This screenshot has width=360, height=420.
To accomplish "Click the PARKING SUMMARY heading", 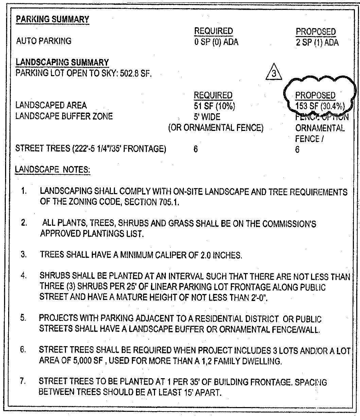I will coord(52,19).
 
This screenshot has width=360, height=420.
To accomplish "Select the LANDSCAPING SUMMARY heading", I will coord(62,62).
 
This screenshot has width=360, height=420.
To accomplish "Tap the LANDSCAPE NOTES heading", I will coord(52,169).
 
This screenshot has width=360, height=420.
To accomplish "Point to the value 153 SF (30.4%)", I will coord(320,106).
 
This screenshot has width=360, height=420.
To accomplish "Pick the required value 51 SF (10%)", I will coord(214,106).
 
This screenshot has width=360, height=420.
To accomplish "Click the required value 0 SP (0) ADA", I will coord(216,42).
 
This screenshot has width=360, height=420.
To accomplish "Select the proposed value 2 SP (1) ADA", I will coord(317,43).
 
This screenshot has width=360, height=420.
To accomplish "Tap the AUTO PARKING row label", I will coord(44,41).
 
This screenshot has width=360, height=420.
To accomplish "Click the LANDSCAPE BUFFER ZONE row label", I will coord(64,116).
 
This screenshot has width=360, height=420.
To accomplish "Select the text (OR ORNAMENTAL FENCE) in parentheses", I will coord(216,128).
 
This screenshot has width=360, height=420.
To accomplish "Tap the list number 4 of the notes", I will coord(23,275).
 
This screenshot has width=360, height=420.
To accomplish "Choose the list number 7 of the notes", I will coord(23,381).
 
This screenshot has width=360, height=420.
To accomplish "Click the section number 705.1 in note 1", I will coord(169,202).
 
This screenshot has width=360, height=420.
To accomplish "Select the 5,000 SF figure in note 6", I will coord(85,361).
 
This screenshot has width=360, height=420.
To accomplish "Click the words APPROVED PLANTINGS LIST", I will coord(92,234).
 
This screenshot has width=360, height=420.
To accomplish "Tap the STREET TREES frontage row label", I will coord(91,149).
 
